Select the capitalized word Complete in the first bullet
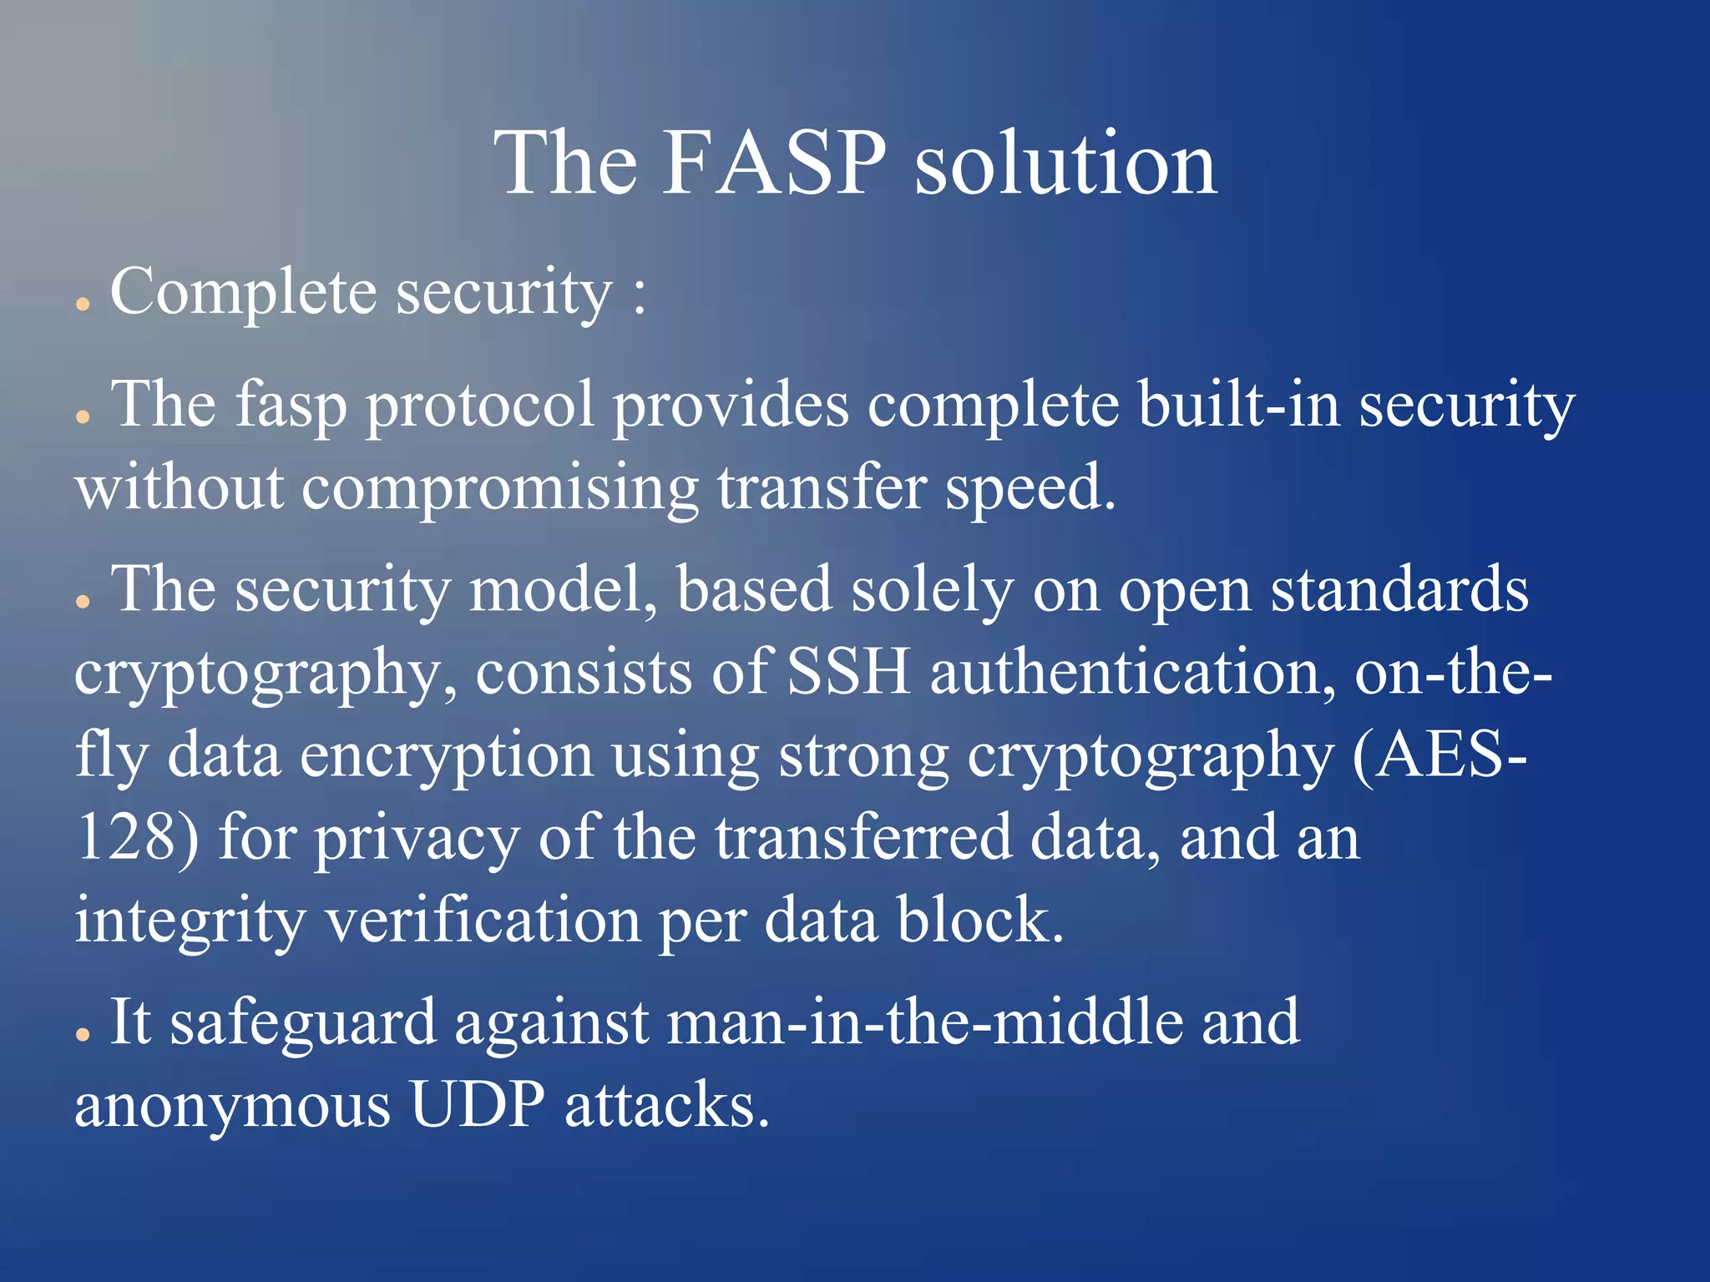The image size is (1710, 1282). [243, 294]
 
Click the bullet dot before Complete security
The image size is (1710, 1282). [82, 305]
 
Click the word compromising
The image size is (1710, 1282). [499, 488]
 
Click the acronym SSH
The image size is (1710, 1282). [848, 672]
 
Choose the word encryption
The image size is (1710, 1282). [447, 755]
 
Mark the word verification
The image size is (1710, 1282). [482, 920]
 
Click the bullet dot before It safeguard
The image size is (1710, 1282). [82, 1034]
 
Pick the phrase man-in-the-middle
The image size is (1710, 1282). [924, 1022]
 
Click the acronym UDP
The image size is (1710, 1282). [477, 1105]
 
